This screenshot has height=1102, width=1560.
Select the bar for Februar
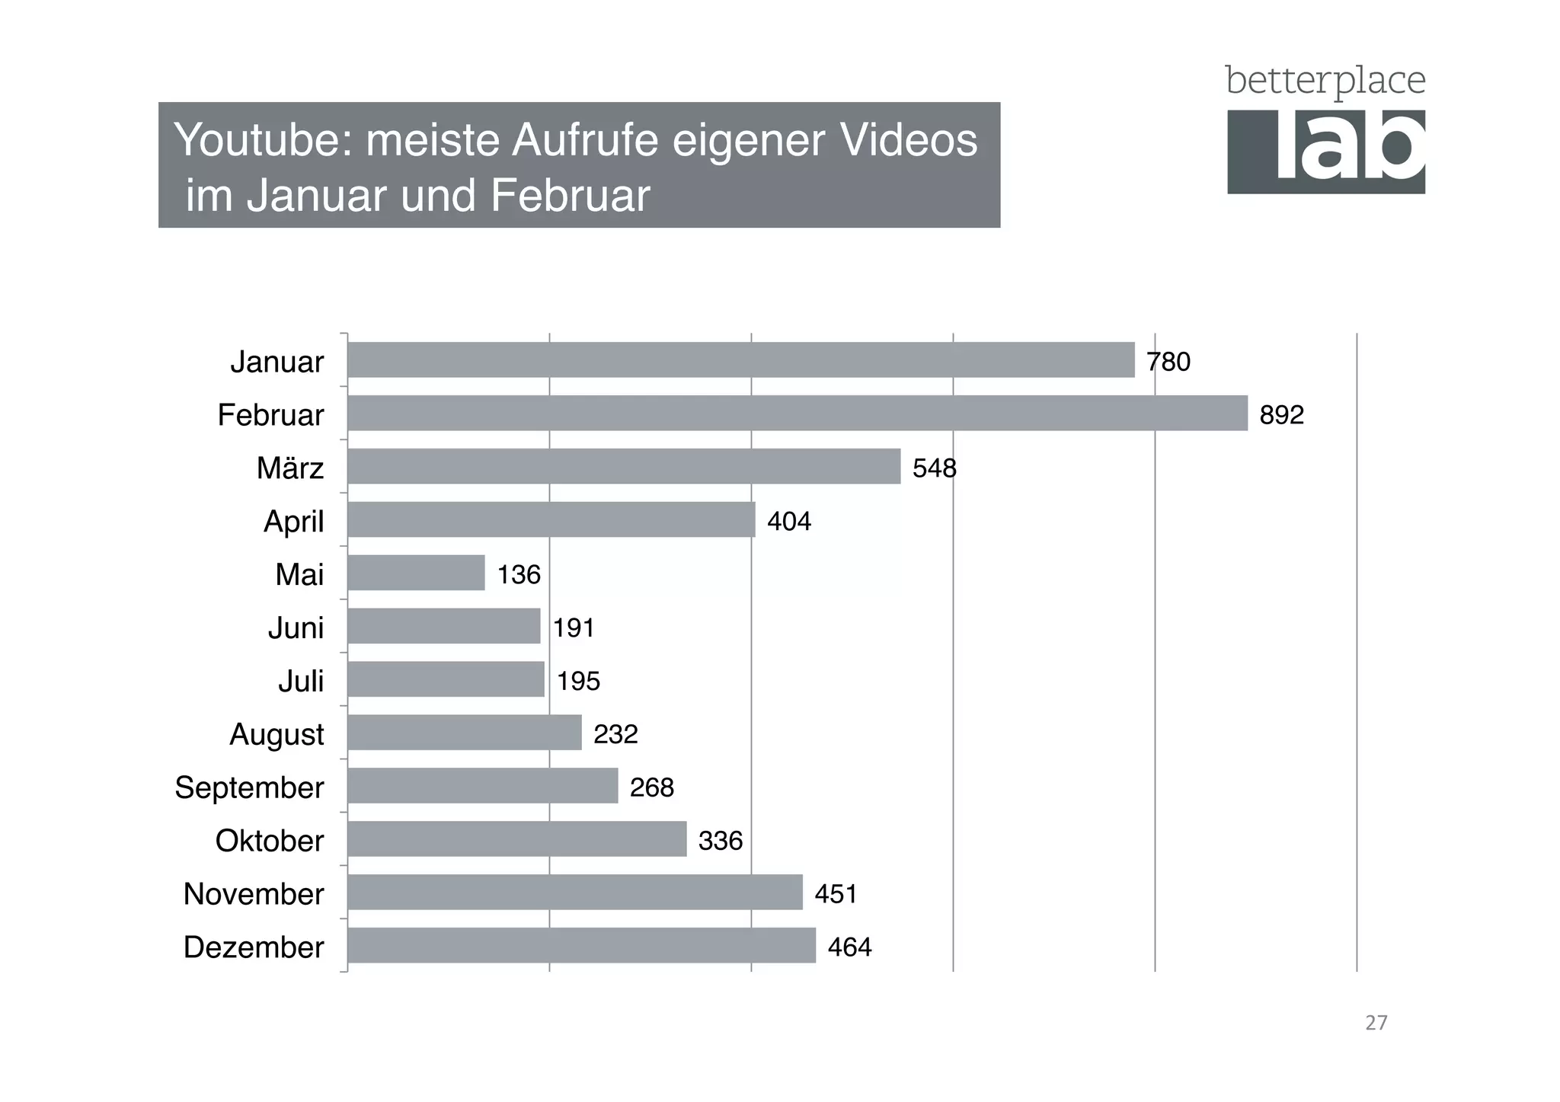point(798,413)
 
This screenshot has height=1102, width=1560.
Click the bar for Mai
point(417,573)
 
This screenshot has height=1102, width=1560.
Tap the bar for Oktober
point(517,838)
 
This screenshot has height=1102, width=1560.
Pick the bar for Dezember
point(582,945)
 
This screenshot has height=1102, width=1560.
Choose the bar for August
point(465,733)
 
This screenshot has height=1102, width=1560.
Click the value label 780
point(1168,362)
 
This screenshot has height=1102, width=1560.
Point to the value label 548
point(934,468)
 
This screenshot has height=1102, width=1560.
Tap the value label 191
point(574,628)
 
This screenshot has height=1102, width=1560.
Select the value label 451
point(836,893)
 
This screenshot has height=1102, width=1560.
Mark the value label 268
point(651,787)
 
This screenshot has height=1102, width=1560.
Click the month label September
point(249,787)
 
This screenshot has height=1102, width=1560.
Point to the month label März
point(289,468)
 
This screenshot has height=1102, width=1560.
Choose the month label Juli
point(301,681)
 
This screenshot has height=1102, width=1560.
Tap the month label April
point(293,522)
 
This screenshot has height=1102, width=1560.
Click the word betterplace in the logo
point(1325,81)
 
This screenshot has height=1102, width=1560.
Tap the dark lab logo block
point(1325,152)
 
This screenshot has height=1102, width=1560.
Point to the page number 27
point(1376,1022)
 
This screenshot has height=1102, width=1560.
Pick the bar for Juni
point(444,626)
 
